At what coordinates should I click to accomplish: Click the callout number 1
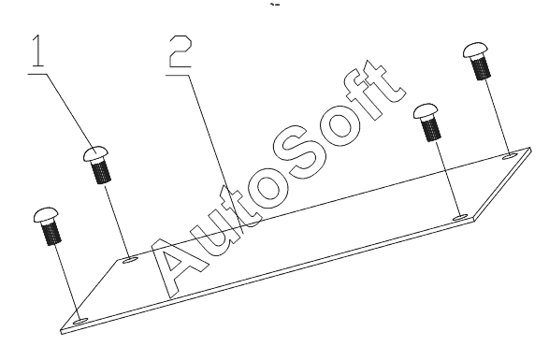point(38,50)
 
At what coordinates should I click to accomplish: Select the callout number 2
point(181,51)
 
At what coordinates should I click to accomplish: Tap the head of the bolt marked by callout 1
point(95,154)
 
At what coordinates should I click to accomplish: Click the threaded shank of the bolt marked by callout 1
point(102,170)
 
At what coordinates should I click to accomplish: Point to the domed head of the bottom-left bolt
point(46,215)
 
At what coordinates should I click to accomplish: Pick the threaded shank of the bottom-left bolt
point(51,232)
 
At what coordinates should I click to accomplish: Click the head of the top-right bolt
point(475,50)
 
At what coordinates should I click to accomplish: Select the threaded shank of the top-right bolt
point(481,66)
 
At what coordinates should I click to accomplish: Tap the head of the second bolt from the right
point(426,111)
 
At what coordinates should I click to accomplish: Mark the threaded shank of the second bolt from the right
point(431,128)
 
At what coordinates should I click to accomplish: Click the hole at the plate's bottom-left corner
point(81,320)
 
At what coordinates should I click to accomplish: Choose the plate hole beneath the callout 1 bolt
point(131,259)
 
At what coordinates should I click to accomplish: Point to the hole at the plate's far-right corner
point(510,155)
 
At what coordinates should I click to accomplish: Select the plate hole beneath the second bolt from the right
point(460,218)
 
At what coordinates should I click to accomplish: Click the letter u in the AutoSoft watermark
point(213,231)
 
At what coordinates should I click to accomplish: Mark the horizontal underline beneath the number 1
point(37,74)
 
